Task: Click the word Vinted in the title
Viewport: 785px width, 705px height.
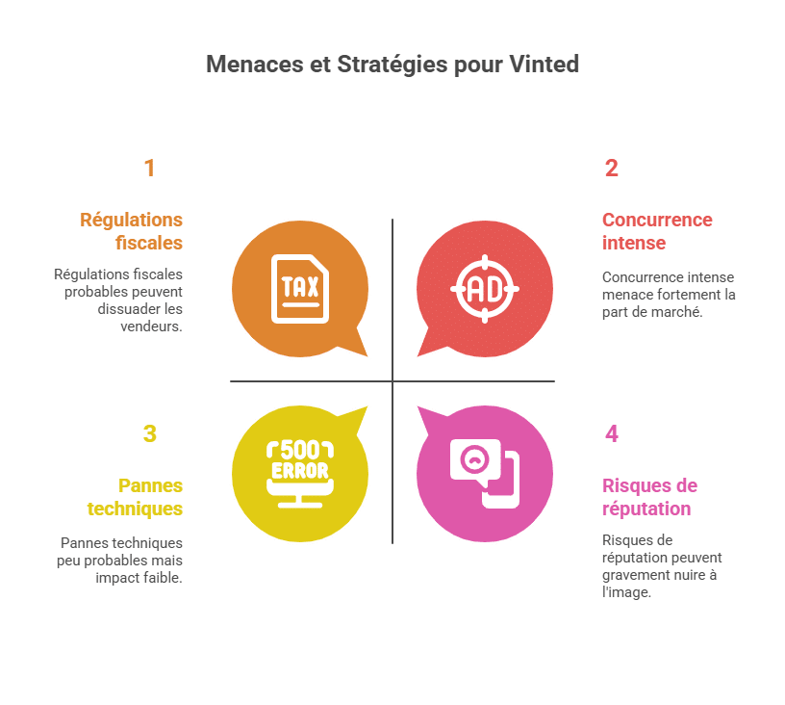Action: (544, 65)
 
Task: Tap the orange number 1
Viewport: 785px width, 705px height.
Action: (149, 168)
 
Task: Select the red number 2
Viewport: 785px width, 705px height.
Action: (611, 168)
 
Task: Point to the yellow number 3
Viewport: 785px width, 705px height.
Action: (150, 434)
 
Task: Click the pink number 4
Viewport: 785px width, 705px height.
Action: (611, 434)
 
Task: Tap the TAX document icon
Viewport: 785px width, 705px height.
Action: (300, 289)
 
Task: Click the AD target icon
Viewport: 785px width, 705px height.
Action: (485, 289)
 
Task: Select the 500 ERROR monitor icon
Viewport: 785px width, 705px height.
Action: (300, 474)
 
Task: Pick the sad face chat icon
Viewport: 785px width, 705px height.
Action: (485, 474)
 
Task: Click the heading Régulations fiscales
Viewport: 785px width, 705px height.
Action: (131, 231)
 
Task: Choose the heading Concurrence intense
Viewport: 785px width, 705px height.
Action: (657, 231)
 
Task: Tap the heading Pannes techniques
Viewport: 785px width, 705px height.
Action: (136, 497)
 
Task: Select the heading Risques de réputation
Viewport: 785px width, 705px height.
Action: (649, 497)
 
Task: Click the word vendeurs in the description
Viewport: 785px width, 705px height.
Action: (150, 326)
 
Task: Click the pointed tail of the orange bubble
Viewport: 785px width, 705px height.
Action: (367, 355)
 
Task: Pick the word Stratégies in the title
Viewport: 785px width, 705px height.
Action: (392, 65)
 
